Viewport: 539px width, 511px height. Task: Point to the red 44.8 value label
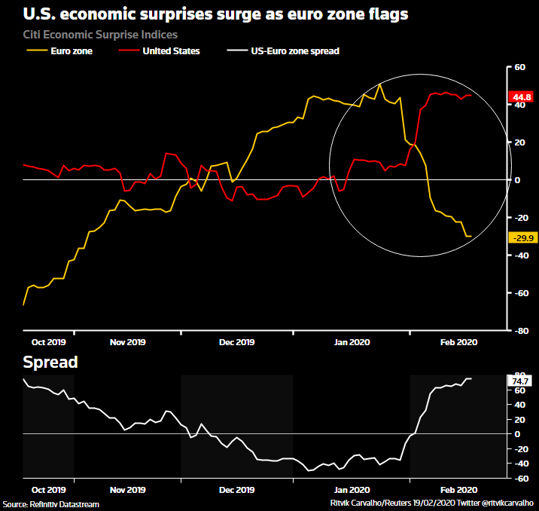pos(522,97)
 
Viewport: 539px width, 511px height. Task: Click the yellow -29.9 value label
pos(522,238)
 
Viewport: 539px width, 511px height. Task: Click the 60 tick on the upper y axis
pos(519,67)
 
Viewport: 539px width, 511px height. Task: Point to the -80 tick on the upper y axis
pos(519,331)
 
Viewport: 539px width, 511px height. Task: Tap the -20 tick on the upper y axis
pos(519,218)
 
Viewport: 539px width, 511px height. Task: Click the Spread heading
pos(50,363)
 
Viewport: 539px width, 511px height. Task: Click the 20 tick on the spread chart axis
pos(519,419)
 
